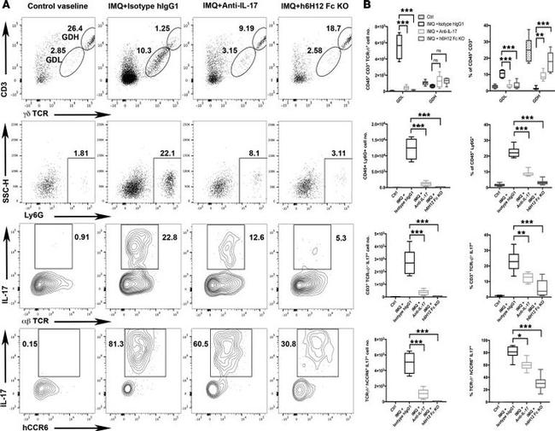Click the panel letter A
[x=6, y=7]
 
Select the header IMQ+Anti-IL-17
[x=221, y=8]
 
